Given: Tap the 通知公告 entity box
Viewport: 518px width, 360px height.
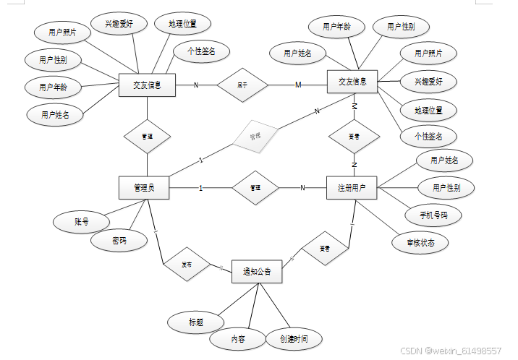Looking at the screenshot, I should pos(256,272).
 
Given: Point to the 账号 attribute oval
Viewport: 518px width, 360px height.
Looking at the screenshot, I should pos(81,222).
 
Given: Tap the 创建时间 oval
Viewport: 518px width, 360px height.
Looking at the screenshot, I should pos(292,338).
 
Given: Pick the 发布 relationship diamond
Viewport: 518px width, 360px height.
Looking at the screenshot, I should pos(187,265).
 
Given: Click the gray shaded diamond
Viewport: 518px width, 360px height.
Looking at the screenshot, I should pos(254,135).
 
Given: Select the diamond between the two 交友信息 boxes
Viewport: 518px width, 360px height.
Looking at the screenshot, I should pos(242,85).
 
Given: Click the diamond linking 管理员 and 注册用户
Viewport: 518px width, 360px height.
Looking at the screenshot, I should pos(255,188).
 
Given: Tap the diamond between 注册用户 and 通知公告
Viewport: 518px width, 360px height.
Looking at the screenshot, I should pos(325,248).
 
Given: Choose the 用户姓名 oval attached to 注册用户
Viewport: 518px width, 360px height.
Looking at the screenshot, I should pos(444,160).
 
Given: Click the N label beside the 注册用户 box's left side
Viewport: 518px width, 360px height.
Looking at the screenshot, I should pos(302,188).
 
